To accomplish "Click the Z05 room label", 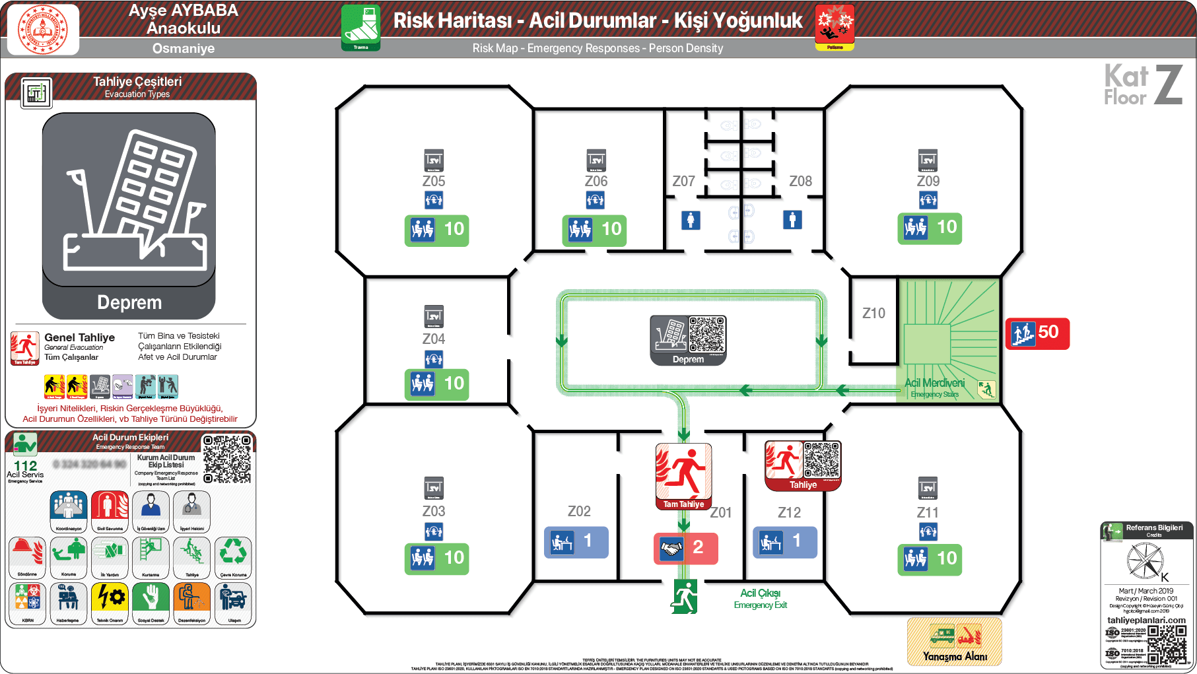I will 434,181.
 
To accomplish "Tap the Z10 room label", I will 873,313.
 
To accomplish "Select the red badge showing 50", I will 1037,333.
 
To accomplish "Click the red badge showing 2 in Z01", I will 685,548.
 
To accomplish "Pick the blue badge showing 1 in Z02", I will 576,542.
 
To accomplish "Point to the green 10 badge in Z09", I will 929,228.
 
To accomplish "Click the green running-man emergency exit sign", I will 684,597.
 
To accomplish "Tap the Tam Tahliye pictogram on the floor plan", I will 683,476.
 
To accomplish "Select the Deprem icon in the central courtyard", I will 688,340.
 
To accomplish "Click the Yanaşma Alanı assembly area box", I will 954,642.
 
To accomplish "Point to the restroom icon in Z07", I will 691,220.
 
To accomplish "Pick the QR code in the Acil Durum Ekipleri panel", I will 227,459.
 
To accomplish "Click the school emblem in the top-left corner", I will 42,29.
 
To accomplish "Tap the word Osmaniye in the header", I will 184,48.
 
